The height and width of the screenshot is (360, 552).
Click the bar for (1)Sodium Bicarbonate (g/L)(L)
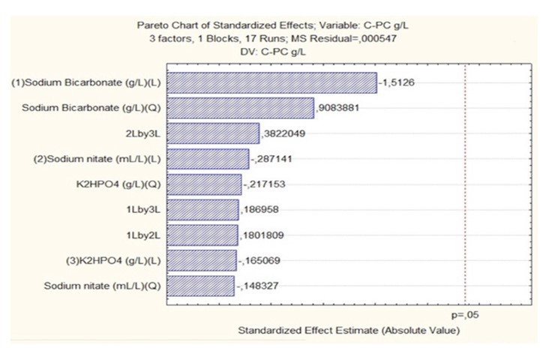point(271,83)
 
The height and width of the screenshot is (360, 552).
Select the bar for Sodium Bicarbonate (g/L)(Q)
point(240,108)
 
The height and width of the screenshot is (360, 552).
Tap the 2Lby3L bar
point(212,134)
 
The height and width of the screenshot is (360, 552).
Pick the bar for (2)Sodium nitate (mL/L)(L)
point(207,159)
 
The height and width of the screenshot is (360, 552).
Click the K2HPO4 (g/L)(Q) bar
point(203,184)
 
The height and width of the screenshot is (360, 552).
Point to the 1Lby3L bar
point(202,210)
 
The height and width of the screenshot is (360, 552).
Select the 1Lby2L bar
point(202,235)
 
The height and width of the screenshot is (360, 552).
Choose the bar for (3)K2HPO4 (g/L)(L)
point(201,260)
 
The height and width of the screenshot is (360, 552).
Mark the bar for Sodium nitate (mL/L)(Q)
point(200,286)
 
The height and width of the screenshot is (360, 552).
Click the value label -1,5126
point(394,83)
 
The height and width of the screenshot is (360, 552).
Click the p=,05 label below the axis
point(465,315)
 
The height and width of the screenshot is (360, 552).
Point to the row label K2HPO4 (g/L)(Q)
point(121,184)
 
